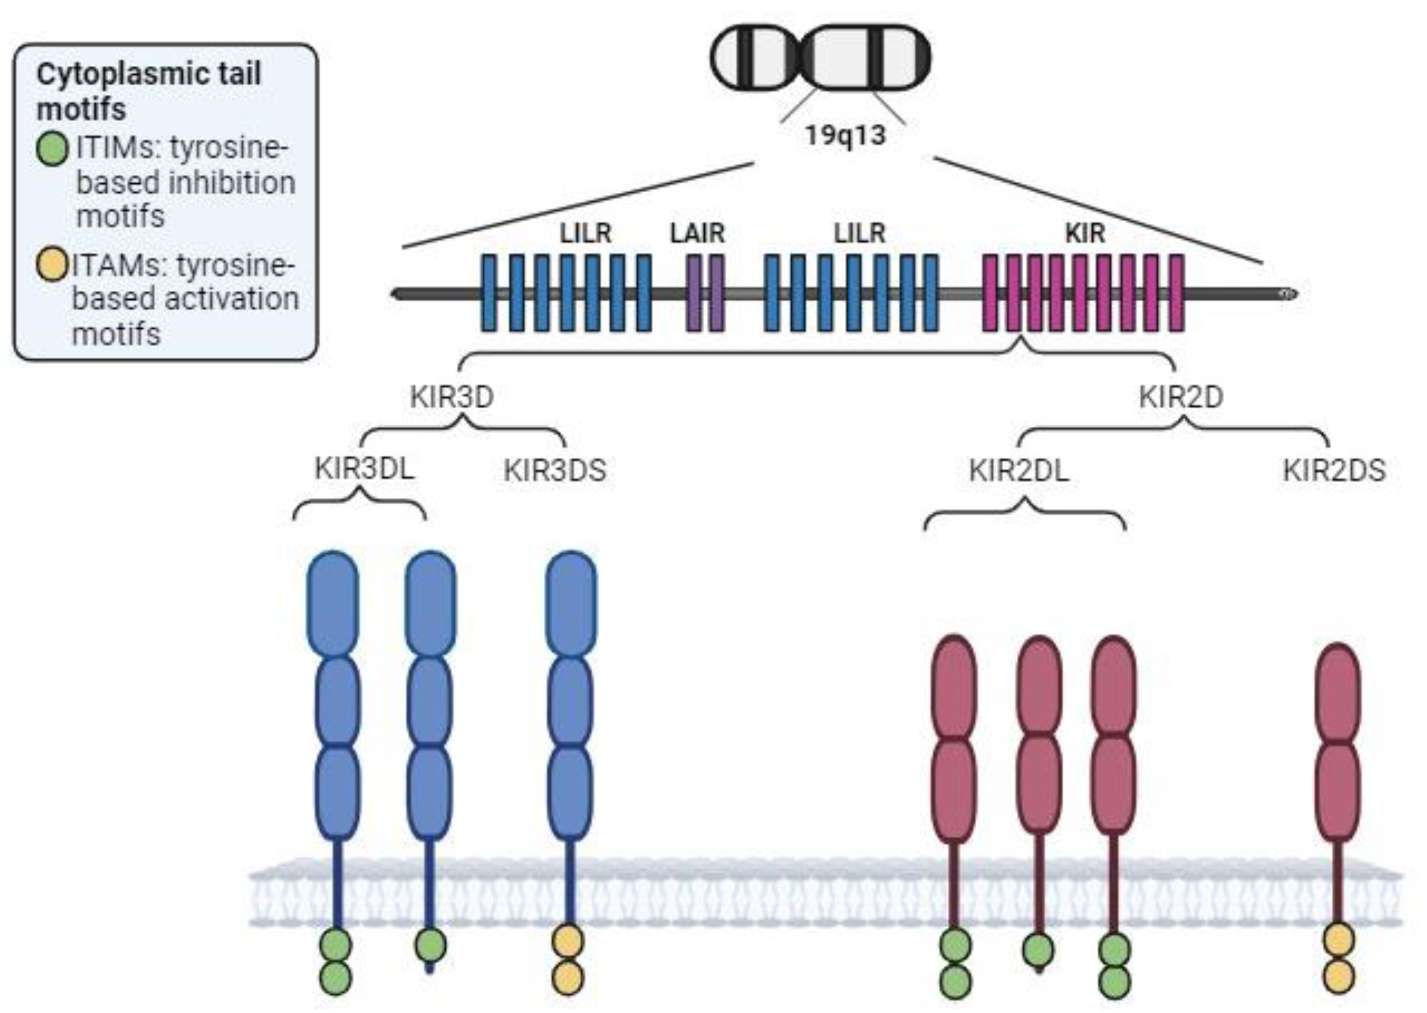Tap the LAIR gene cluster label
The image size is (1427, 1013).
697,233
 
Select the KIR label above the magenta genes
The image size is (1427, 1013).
1085,233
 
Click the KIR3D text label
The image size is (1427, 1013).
451,397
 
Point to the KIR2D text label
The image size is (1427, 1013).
1180,397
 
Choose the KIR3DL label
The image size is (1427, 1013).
364,469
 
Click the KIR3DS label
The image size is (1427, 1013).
555,470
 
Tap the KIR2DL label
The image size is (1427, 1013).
1019,470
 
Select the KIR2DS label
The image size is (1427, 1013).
1334,470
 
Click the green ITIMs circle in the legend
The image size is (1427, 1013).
52,150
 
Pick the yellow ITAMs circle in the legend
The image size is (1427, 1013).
52,264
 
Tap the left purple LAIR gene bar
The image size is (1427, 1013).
693,292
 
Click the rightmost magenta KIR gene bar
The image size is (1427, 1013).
1176,292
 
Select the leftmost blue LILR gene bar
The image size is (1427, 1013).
489,292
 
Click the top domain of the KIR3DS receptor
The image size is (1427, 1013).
570,602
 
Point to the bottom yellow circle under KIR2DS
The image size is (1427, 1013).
1338,976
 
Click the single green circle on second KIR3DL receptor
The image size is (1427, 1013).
430,945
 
